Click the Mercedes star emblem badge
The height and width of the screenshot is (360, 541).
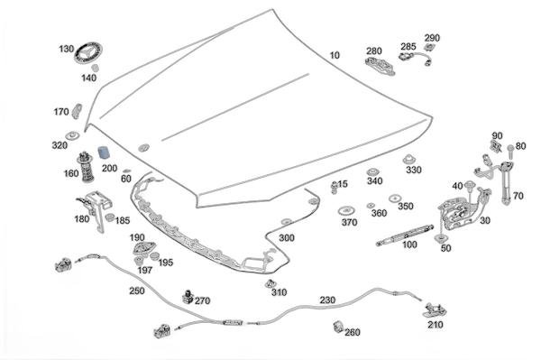[88, 53]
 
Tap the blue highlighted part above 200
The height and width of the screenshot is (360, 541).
[103, 152]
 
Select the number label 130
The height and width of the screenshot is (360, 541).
[66, 49]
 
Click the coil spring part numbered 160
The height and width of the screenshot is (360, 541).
[86, 167]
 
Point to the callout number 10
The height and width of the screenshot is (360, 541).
[335, 55]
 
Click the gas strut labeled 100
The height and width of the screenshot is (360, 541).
[405, 235]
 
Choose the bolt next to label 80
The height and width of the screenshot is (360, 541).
[510, 151]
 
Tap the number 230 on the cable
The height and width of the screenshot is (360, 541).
[327, 300]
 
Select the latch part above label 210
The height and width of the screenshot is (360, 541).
[435, 310]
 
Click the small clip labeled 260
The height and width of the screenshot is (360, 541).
[338, 327]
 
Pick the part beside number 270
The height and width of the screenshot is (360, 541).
[188, 297]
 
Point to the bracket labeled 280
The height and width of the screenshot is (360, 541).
[380, 65]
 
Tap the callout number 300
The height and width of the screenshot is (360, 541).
[287, 238]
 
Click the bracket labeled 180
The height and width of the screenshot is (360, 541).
[94, 208]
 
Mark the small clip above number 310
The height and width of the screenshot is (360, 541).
[270, 283]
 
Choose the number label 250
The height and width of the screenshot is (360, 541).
[137, 291]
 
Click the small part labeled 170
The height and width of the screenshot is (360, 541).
[77, 111]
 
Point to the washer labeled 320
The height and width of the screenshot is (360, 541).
[72, 135]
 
